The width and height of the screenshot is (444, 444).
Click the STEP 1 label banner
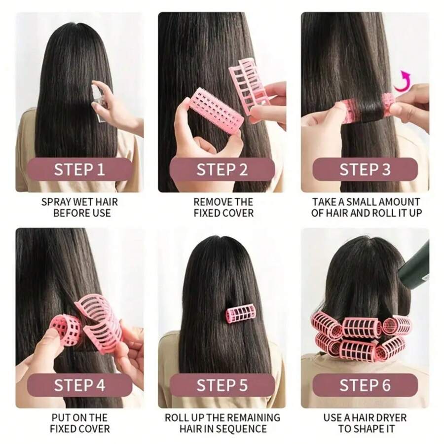pos(79,170)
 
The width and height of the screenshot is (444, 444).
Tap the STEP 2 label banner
pos(222,170)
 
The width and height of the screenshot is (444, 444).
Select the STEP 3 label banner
pos(365,170)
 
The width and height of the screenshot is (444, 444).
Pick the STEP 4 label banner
pos(79,385)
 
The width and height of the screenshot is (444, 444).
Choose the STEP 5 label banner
pos(222,385)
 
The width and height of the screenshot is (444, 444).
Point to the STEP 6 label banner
pos(365,385)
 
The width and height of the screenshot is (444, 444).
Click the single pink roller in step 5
pos(240,314)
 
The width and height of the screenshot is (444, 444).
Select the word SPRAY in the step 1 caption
pos(56,202)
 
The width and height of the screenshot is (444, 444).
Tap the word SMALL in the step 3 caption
pos(363,202)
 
